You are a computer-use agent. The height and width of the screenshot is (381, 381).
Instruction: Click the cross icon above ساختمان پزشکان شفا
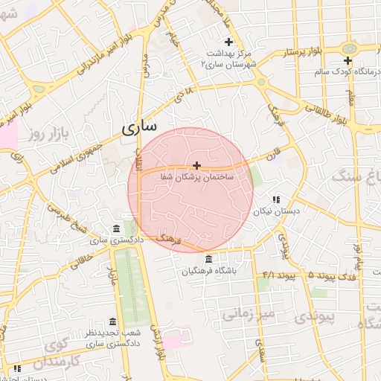click(x=196, y=165)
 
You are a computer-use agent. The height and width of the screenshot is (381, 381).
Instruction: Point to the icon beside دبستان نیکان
click(x=276, y=199)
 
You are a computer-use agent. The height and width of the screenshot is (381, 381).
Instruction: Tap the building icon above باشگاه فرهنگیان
click(x=208, y=260)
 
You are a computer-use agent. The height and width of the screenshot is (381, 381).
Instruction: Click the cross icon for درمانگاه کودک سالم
click(x=348, y=60)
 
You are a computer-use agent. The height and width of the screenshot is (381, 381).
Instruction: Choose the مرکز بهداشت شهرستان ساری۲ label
click(x=228, y=59)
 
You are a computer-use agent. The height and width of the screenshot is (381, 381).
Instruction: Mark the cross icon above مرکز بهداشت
click(x=228, y=42)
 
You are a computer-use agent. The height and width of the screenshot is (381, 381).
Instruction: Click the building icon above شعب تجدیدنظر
click(x=112, y=321)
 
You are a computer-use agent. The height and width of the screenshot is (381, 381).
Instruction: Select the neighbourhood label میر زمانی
click(x=249, y=314)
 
